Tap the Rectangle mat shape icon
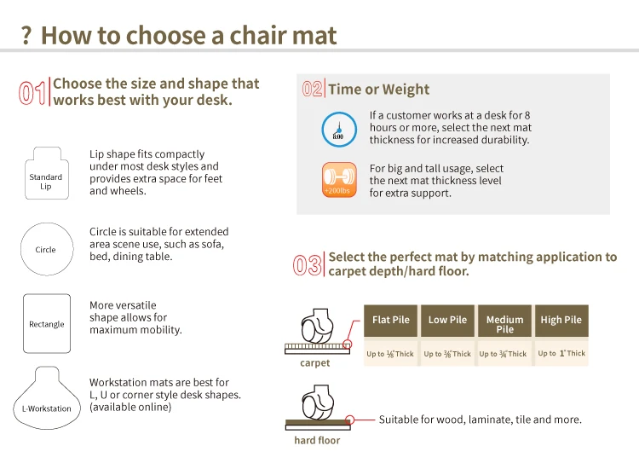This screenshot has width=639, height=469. click(47, 323)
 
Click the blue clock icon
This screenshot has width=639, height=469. click(339, 130)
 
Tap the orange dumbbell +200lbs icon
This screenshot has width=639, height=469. click(339, 180)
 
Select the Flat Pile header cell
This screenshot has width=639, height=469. click(390, 321)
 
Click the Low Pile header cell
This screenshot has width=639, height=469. click(447, 321)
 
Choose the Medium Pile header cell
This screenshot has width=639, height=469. click(504, 321)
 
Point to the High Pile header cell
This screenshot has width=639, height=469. click(561, 321)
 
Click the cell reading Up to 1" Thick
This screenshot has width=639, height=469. click(561, 353)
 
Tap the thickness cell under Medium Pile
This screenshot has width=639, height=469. click(504, 353)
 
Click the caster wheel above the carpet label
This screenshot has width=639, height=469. click(318, 326)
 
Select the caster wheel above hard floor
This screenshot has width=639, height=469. click(318, 402)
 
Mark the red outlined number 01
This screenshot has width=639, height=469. click(32, 93)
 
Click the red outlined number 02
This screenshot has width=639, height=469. click(312, 89)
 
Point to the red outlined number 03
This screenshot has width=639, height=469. click(308, 265)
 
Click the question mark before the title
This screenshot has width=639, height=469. click(26, 36)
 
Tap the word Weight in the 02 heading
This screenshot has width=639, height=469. click(406, 90)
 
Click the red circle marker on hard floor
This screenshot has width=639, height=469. click(349, 420)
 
